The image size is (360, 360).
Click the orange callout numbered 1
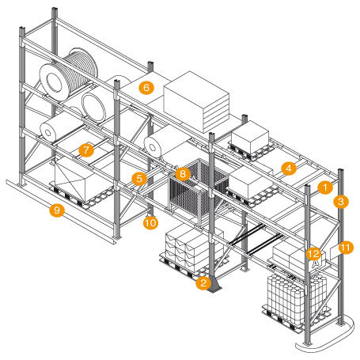(x=324, y=188)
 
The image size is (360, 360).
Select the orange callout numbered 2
(x=203, y=282)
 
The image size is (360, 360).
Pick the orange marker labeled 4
(x=290, y=168)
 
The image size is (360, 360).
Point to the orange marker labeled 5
(x=138, y=179)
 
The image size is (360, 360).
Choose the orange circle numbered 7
(x=86, y=148)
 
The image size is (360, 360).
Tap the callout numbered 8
(x=183, y=172)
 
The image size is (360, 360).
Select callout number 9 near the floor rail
(x=55, y=210)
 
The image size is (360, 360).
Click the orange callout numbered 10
(x=150, y=223)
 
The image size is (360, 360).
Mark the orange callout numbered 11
(x=345, y=248)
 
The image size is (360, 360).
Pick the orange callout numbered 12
(x=313, y=253)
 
